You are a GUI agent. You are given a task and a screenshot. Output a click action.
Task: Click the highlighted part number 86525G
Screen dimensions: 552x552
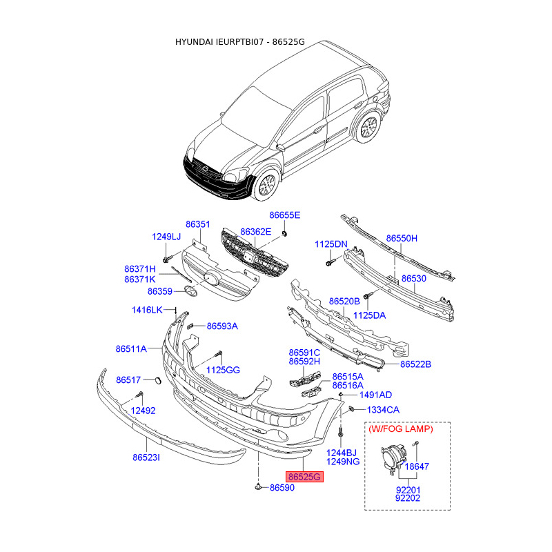click(x=305, y=477)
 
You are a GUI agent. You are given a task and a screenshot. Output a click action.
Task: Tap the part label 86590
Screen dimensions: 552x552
click(x=282, y=488)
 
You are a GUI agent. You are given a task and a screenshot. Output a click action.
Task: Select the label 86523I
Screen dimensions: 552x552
click(x=146, y=457)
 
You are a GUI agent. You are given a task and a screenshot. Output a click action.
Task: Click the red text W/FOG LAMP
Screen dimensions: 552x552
click(x=401, y=428)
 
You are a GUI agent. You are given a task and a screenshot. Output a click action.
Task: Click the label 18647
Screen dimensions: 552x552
click(x=417, y=466)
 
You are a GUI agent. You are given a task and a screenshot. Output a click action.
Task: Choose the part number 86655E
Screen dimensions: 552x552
click(x=285, y=215)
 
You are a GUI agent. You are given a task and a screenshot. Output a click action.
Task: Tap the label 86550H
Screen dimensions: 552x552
click(x=402, y=238)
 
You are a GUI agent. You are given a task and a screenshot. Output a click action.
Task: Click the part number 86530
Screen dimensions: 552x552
click(x=414, y=278)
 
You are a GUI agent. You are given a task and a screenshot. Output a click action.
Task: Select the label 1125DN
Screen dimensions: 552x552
click(x=331, y=244)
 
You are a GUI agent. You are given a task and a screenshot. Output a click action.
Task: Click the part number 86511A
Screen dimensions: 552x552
click(x=131, y=349)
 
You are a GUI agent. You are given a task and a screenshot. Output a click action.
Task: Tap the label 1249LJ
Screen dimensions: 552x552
click(x=166, y=237)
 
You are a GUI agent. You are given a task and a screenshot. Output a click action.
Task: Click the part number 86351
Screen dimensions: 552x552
click(x=197, y=224)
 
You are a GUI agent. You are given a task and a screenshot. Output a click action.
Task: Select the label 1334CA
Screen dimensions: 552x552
click(x=383, y=410)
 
